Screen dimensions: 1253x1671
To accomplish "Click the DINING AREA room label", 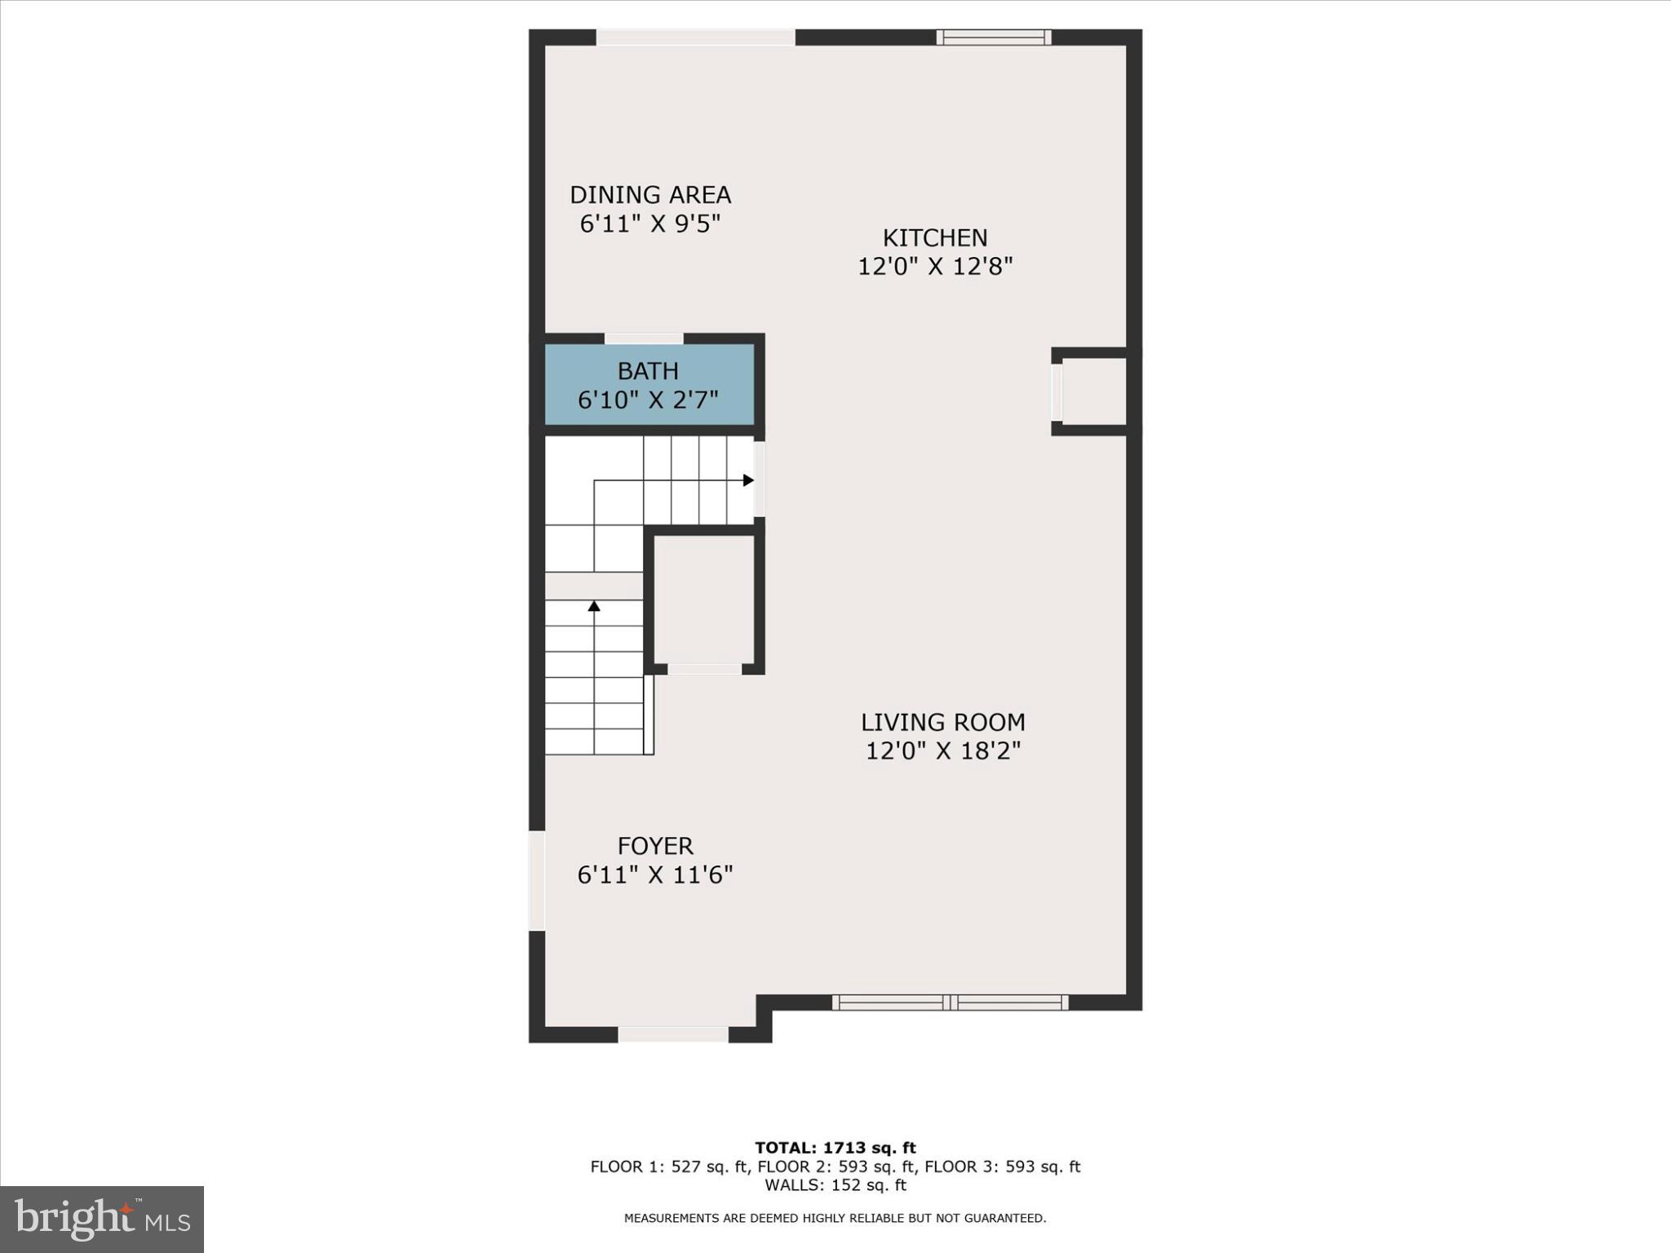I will [x=649, y=195].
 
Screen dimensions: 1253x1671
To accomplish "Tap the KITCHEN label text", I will [x=935, y=238].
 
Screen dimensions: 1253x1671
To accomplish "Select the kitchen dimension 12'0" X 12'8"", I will [x=935, y=267].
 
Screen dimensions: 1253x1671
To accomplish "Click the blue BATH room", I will [x=649, y=384].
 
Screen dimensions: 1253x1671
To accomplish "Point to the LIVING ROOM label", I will [x=943, y=722].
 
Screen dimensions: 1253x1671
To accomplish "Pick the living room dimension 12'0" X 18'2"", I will [x=943, y=750].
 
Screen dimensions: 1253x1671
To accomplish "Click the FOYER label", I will [x=655, y=846].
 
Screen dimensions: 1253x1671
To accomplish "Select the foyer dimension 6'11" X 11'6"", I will [x=655, y=875].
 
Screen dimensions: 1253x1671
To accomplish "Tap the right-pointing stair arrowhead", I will [x=748, y=480].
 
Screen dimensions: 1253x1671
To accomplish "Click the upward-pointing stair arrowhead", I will [x=594, y=606].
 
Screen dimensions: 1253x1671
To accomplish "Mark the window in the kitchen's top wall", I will [x=993, y=37].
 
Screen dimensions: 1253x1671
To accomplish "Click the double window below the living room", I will [x=950, y=1003].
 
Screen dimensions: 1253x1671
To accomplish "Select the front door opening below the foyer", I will [x=673, y=1034].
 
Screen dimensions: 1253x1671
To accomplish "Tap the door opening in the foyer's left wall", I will [x=537, y=881].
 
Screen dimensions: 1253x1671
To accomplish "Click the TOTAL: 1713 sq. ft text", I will [x=835, y=1149].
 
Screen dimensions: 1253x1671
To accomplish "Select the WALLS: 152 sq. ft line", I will [x=835, y=1185].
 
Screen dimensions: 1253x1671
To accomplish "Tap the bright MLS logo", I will [x=102, y=1220].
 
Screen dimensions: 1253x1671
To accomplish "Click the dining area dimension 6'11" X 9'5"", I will [x=649, y=224].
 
